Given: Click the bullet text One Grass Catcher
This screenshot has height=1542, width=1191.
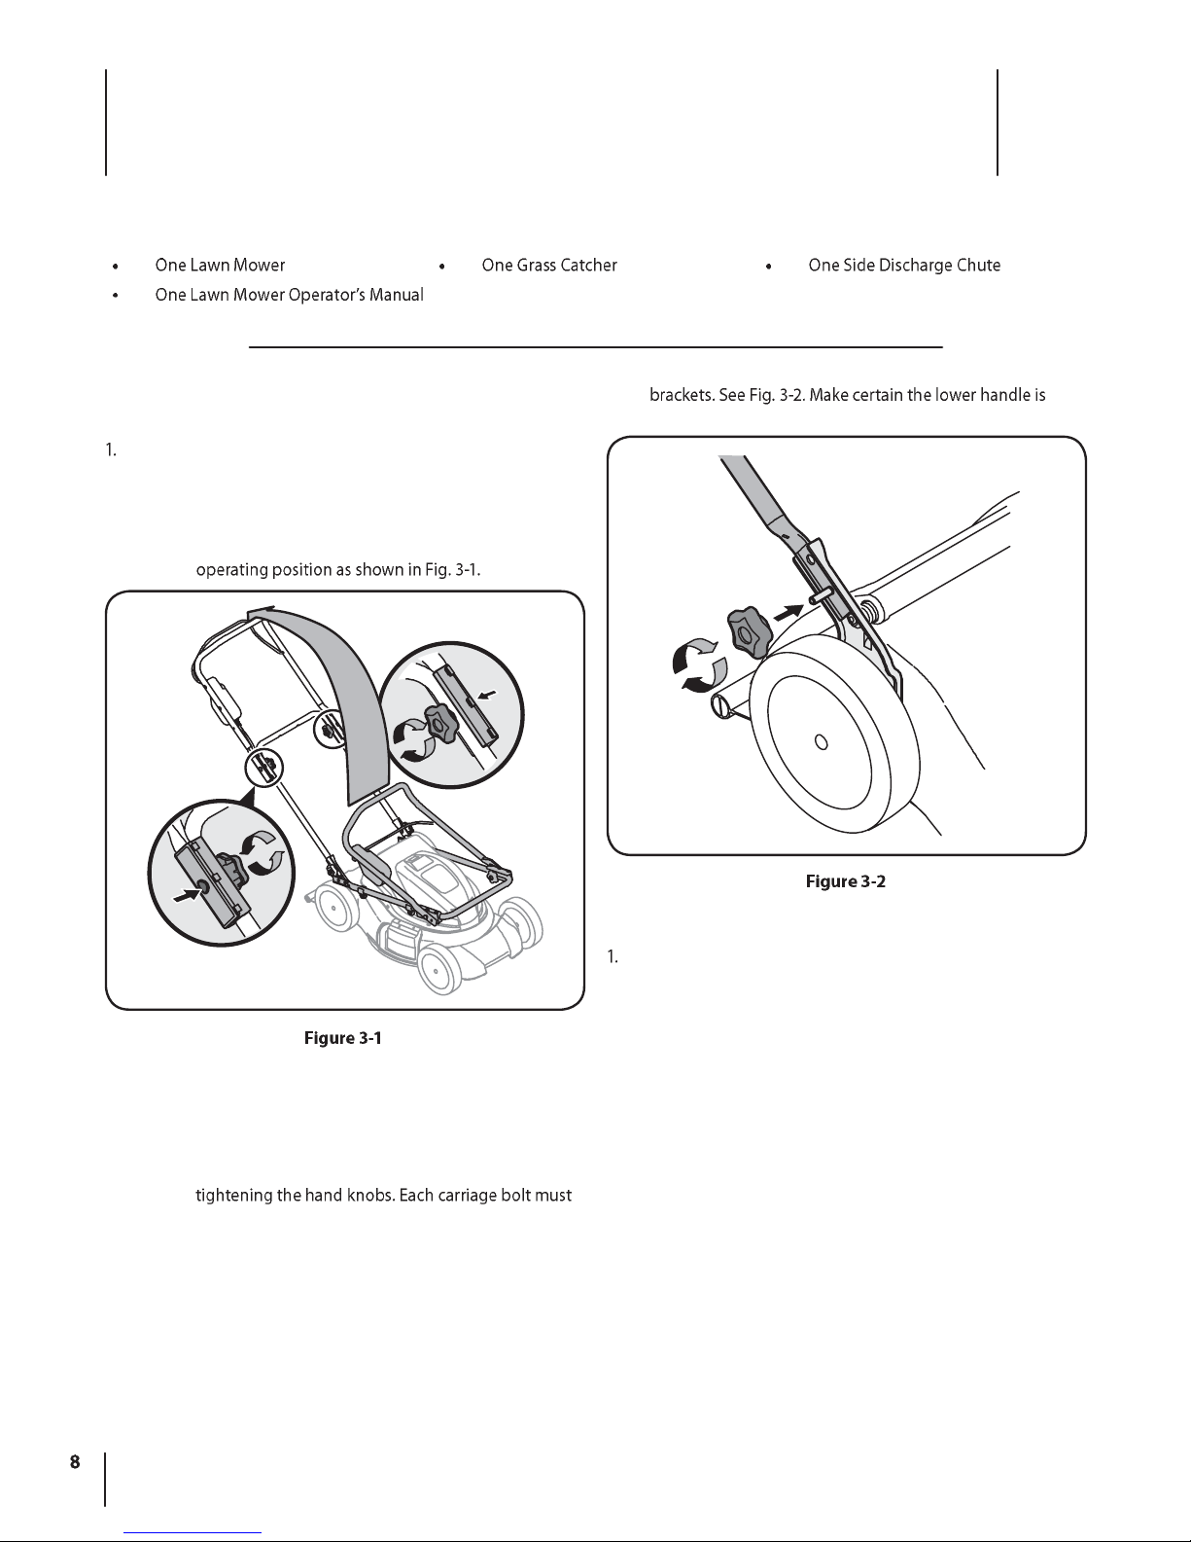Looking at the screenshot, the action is point(549,266).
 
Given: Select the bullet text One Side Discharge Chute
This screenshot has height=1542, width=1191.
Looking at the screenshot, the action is point(904,266).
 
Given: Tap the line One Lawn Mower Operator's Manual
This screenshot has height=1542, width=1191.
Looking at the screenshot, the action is point(290,295).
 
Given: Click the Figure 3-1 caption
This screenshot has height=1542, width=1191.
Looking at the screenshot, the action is point(343,1038).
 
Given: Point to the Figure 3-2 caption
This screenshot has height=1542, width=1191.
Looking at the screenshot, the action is point(846,881).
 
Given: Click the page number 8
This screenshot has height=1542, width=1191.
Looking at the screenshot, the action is point(75,1462).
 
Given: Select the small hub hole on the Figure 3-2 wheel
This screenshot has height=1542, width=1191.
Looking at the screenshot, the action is point(822,742).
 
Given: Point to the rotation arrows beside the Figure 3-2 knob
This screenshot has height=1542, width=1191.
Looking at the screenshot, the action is point(699,664).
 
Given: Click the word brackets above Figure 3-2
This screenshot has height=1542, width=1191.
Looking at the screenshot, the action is point(682,395).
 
